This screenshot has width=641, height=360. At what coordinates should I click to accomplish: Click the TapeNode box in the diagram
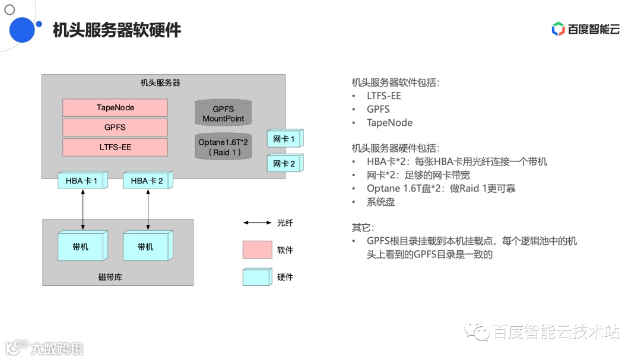(x=115, y=107)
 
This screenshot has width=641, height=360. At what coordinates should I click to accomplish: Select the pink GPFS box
(x=115, y=127)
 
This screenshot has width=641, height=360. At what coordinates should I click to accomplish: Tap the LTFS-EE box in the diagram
(x=115, y=147)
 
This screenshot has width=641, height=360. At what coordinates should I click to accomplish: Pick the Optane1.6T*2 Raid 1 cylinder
(x=223, y=146)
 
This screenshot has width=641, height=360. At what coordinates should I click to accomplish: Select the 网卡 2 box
(x=284, y=163)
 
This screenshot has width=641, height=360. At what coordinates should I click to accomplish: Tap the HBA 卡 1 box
(x=82, y=181)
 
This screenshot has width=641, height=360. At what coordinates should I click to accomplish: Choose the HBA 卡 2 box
(x=147, y=181)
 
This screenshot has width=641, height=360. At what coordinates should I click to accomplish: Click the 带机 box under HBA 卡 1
(x=82, y=246)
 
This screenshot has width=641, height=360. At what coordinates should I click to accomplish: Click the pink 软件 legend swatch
(x=257, y=250)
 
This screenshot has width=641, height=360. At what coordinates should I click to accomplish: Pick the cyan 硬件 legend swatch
(x=257, y=277)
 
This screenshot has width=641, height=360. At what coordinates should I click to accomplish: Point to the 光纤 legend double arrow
(x=257, y=223)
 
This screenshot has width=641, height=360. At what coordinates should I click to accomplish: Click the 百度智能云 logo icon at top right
(x=558, y=29)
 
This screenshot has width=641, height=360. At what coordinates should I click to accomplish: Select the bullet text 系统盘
(x=380, y=202)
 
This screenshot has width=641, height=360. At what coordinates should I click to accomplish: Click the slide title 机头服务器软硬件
(x=117, y=30)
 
